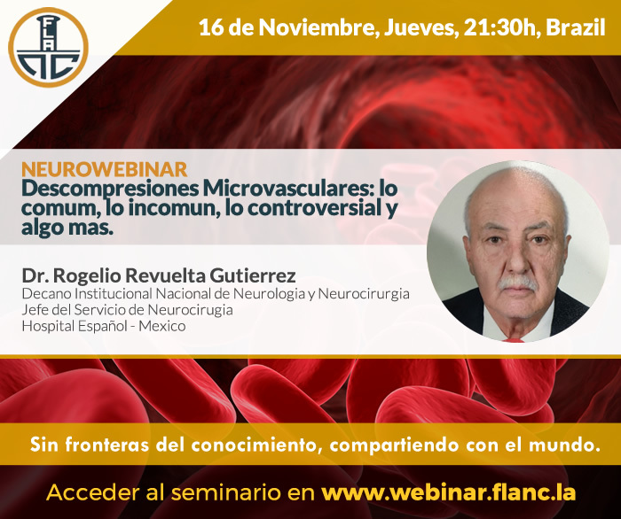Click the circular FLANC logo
click(48, 48)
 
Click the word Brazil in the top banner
click(576, 27)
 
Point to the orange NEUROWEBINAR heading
click(105, 169)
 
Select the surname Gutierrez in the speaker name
click(252, 276)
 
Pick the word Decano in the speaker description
click(47, 294)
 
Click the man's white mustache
click(517, 283)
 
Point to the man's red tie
click(514, 339)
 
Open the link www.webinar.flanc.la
click(448, 493)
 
